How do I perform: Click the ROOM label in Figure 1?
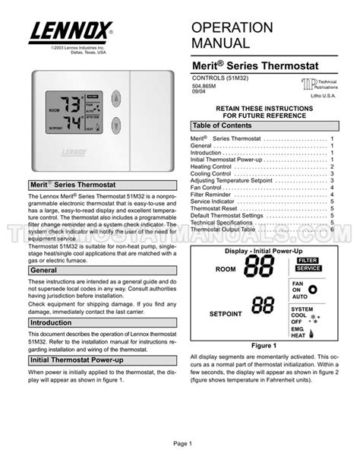(x=226, y=269)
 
